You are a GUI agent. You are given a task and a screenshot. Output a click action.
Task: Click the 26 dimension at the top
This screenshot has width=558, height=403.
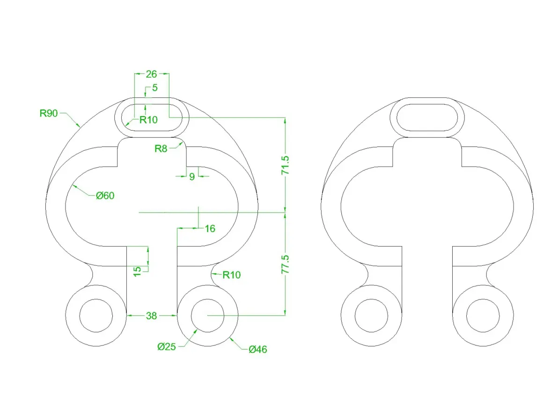pyautogui.click(x=151, y=74)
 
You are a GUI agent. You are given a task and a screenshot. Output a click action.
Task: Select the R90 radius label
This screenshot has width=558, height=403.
pyautogui.click(x=48, y=113)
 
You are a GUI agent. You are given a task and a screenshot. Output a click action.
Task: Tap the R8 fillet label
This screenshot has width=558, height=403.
pyautogui.click(x=161, y=148)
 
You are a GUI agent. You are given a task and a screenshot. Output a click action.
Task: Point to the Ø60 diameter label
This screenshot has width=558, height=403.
pyautogui.click(x=105, y=195)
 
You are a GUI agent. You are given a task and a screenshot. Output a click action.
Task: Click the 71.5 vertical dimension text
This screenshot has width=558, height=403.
pyautogui.click(x=286, y=165)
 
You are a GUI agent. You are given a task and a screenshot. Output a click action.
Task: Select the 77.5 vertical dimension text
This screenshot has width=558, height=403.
pyautogui.click(x=286, y=264)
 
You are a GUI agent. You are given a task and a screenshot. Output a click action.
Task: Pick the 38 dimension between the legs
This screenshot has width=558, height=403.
pyautogui.click(x=151, y=315)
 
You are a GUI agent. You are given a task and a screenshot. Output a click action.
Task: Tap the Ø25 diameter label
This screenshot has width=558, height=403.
pyautogui.click(x=167, y=346)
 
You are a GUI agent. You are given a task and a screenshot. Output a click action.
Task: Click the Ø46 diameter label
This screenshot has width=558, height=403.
pyautogui.click(x=258, y=349)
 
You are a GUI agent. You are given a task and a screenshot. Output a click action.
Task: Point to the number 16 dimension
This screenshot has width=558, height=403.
pyautogui.click(x=210, y=228)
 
